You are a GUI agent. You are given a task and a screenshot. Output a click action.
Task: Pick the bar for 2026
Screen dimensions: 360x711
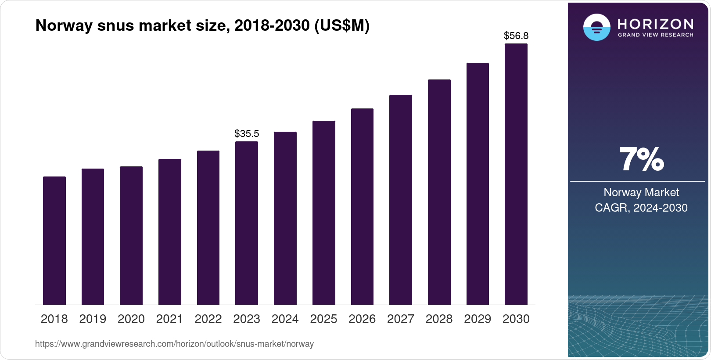coord(362,206)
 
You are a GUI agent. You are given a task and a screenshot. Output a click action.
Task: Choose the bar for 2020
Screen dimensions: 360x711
coord(131,235)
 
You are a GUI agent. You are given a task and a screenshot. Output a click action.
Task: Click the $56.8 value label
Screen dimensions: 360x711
coord(516,36)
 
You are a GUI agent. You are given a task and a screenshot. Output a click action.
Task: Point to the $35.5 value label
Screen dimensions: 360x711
coord(247,133)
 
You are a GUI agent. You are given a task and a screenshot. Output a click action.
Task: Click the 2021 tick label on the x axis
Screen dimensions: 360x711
coord(169,319)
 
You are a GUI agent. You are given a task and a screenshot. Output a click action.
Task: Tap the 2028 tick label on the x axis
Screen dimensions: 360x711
coord(439,319)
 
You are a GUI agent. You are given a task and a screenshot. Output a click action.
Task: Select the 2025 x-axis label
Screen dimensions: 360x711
coord(323,319)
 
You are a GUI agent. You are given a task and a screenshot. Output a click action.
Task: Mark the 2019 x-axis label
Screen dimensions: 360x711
coord(93,319)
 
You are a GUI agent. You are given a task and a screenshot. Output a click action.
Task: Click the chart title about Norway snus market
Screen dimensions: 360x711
coord(202,25)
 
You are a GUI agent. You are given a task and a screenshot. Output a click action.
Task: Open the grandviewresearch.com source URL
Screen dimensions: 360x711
coord(174,344)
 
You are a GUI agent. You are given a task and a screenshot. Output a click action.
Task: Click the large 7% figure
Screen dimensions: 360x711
coord(641,159)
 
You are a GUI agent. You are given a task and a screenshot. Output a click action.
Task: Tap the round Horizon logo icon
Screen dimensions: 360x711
coord(596,27)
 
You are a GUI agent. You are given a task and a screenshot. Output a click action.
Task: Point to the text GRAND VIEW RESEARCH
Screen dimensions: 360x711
coord(655,35)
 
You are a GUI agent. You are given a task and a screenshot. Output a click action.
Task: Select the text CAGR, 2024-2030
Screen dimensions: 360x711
coord(641,208)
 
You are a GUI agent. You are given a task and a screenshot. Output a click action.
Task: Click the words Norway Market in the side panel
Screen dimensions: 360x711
coord(641,192)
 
